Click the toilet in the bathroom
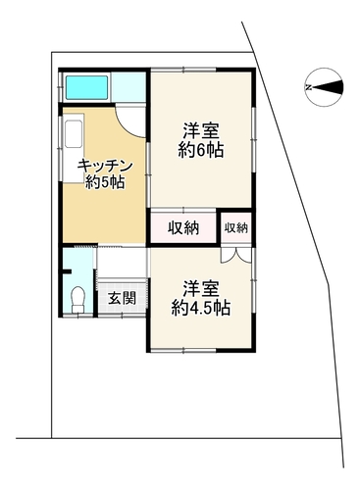[x=78, y=299]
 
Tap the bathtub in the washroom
[x=87, y=87]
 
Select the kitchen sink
[x=75, y=133]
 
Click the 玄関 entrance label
[x=122, y=298]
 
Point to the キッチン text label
[x=105, y=167]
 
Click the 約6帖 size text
[x=201, y=151]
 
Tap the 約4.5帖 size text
[x=201, y=308]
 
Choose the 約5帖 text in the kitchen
[x=105, y=182]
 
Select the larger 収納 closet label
[x=183, y=227]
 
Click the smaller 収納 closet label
[x=236, y=228]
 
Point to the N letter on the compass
[x=308, y=87]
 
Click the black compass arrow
[x=328, y=87]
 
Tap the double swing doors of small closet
[x=236, y=255]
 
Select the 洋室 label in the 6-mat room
[x=201, y=131]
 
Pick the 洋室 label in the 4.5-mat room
[x=201, y=288]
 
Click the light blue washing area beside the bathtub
[x=129, y=87]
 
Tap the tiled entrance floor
[x=122, y=298]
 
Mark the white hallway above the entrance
[x=122, y=263]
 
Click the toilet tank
[x=78, y=309]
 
